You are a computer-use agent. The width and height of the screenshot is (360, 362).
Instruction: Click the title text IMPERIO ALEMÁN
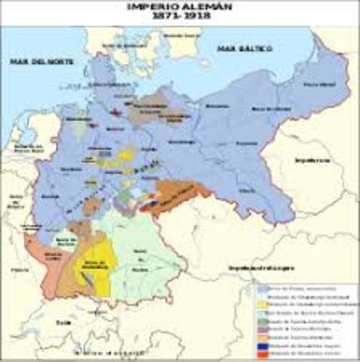click(x=180, y=6)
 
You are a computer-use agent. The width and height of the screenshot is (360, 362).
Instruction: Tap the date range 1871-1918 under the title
click(x=180, y=17)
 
